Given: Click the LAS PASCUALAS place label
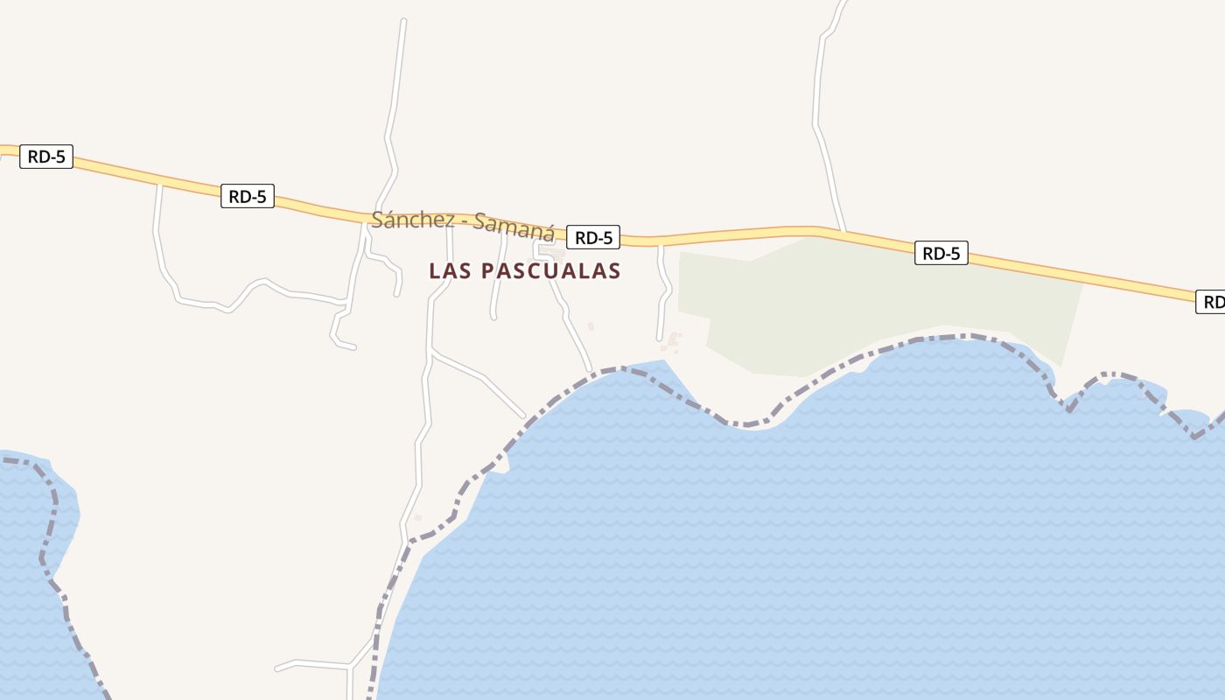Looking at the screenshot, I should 524,271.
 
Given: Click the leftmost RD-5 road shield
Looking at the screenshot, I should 46,157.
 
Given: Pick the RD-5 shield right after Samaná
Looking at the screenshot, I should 592,237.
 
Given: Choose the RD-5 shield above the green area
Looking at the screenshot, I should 941,254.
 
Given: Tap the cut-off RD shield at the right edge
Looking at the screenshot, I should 1212,302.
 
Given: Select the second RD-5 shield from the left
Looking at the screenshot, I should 247,197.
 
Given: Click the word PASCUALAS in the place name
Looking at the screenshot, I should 550,271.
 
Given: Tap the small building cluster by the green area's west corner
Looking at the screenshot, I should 674,339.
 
